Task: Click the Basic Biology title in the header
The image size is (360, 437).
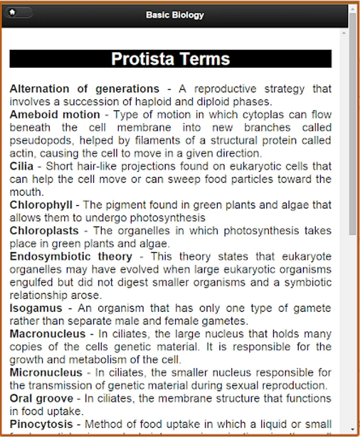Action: tap(175, 15)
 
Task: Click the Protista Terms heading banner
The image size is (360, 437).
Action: tap(170, 59)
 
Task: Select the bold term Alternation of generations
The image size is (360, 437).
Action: tap(84, 89)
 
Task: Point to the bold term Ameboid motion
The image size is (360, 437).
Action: tap(54, 115)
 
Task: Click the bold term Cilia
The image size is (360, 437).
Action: tap(21, 166)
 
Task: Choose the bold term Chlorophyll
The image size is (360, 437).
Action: tap(41, 205)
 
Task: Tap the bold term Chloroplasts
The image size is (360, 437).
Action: tap(44, 231)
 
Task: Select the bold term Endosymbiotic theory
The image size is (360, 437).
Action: tap(71, 256)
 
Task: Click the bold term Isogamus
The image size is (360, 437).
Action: tap(36, 308)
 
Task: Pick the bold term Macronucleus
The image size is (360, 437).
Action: tap(47, 334)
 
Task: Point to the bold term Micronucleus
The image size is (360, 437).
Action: tap(46, 372)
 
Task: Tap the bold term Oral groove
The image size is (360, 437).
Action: tap(41, 398)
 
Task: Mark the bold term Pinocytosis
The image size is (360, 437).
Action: tap(41, 424)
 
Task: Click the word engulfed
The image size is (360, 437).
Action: tap(31, 282)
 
